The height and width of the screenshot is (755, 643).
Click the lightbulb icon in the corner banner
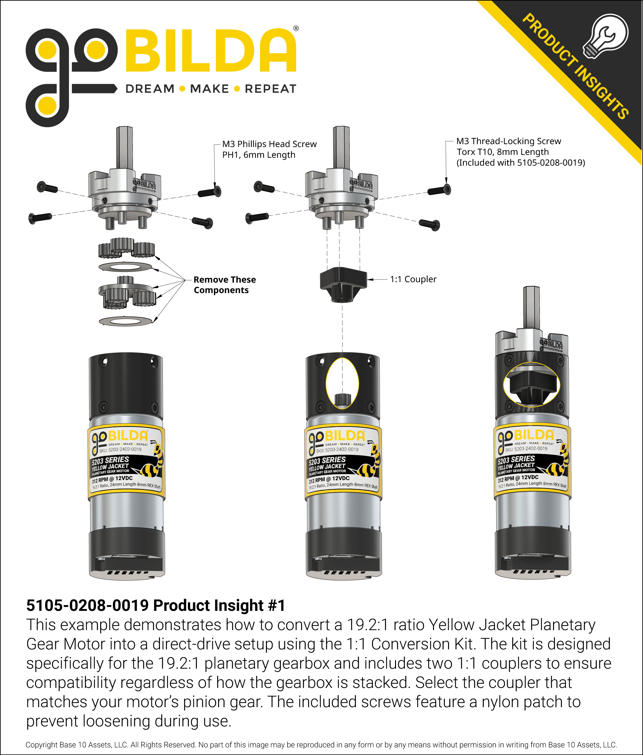605,37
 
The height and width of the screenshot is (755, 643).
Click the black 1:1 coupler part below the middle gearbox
343,282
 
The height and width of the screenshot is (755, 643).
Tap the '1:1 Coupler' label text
413,279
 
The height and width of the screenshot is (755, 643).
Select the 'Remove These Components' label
225,285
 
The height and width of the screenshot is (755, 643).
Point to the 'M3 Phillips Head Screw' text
269,144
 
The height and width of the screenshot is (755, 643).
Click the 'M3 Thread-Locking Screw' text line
508,141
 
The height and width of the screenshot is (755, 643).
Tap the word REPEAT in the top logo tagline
270,89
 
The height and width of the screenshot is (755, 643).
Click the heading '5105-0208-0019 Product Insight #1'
156,605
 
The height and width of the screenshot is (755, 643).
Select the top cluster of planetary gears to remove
126,247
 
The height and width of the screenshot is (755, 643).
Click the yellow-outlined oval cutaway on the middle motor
342,383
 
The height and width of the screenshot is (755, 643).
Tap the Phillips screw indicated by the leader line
210,192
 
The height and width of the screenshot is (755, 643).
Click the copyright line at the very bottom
321,745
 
